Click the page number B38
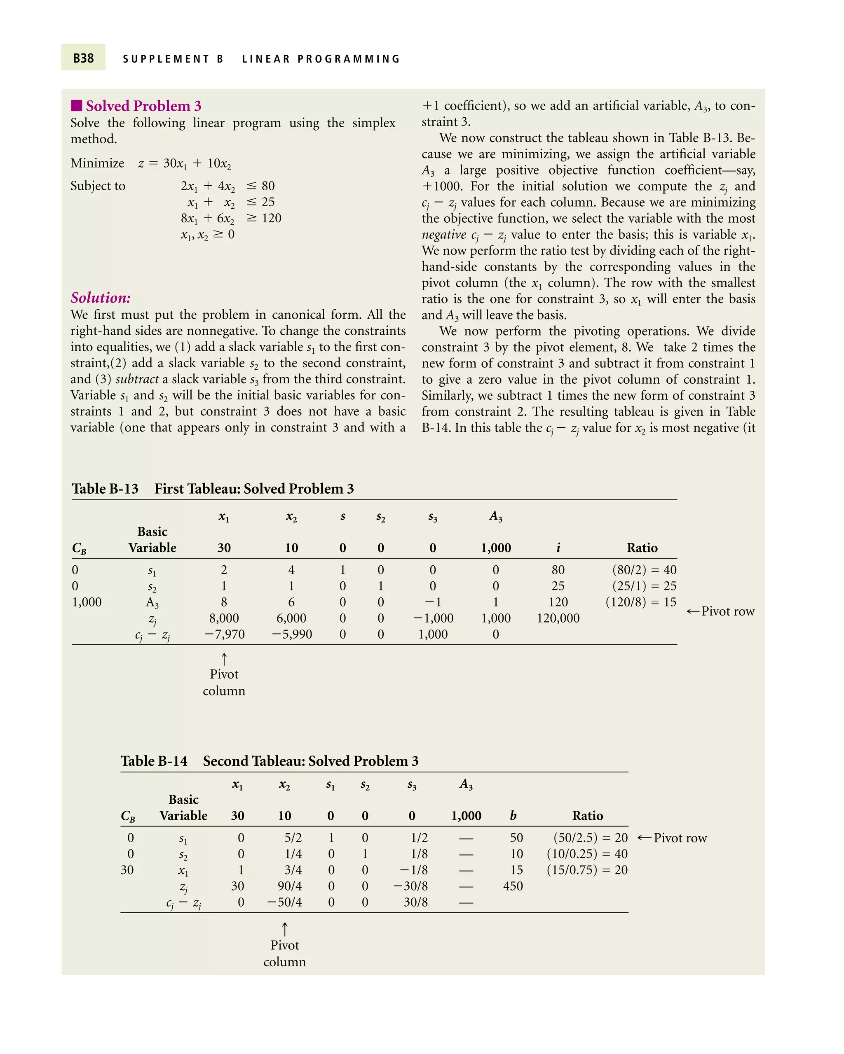pos(83,58)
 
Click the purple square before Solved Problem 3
pos(76,105)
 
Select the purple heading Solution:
pos(100,298)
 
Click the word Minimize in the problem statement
pos(97,163)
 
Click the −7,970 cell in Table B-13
pos(225,634)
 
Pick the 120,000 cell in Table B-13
pos(558,618)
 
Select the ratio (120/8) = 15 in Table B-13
pos(640,602)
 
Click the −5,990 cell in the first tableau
pos(292,634)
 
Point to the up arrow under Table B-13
pos(224,659)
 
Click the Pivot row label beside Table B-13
pos(727,611)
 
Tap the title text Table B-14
pos(154,761)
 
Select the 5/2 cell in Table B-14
pos(293,838)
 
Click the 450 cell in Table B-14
pos(513,886)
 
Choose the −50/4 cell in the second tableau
pos(284,902)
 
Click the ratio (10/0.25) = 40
pos(587,854)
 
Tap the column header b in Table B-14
pos(513,816)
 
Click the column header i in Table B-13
pos(558,548)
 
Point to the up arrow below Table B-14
pos(284,929)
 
